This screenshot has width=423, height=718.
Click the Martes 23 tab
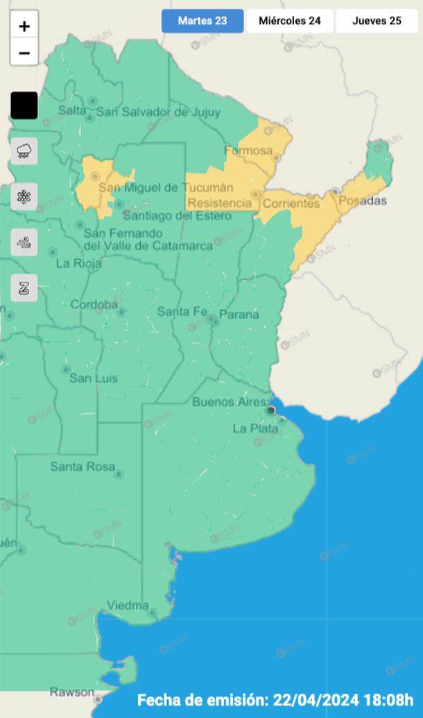tap(202, 21)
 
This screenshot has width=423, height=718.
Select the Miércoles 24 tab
tap(290, 21)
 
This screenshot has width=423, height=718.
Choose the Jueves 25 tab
tap(377, 21)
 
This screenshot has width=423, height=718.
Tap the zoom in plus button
tap(24, 26)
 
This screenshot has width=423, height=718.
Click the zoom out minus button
tap(24, 52)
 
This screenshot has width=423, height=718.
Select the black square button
tap(24, 106)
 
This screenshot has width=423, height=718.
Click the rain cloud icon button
tap(24, 151)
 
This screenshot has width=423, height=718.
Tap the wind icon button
tap(24, 243)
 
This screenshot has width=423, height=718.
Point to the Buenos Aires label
tap(229, 402)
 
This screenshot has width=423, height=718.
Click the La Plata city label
tap(255, 428)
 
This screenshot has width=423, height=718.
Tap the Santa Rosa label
tap(83, 467)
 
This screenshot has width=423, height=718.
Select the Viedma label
tap(128, 606)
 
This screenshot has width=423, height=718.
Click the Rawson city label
tap(71, 692)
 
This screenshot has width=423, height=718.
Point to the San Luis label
tap(94, 378)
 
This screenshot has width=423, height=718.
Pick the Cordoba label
tap(94, 304)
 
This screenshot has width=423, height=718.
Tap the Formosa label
tap(248, 151)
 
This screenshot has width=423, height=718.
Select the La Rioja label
tap(78, 263)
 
